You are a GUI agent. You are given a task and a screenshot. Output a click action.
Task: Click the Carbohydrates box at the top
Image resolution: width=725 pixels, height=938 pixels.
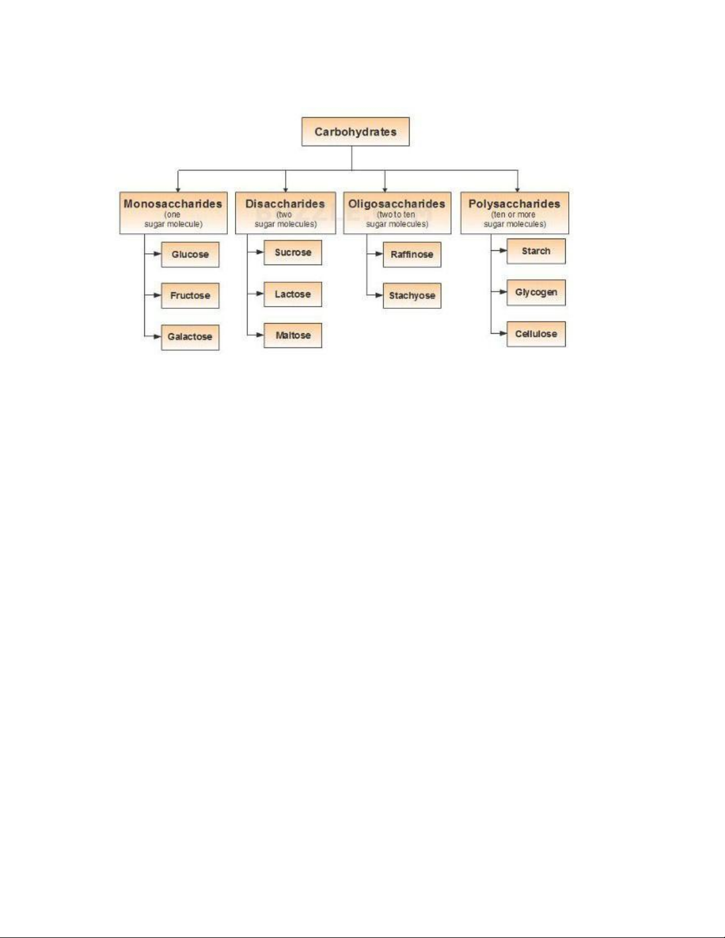click(355, 131)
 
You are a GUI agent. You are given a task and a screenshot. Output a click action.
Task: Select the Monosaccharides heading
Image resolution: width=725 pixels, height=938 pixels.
click(173, 204)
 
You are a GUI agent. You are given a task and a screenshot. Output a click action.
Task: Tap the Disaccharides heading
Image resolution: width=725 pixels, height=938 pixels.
click(285, 204)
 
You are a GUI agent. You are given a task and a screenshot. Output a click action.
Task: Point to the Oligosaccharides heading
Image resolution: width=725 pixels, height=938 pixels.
click(397, 204)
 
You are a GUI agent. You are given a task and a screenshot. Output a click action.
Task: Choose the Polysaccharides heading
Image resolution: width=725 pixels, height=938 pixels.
click(514, 204)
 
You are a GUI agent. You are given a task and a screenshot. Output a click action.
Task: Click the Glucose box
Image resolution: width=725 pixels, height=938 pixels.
click(190, 254)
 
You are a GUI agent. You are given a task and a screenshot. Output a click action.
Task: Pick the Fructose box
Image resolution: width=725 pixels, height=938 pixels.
click(190, 296)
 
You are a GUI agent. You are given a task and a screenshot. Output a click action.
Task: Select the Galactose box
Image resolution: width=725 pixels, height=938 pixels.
click(190, 337)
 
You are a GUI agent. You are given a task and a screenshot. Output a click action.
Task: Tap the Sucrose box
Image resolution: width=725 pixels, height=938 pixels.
click(292, 253)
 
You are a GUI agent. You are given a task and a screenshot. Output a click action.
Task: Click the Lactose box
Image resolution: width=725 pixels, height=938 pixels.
click(292, 294)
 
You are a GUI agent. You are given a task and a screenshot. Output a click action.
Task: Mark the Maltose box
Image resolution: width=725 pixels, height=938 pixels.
click(292, 336)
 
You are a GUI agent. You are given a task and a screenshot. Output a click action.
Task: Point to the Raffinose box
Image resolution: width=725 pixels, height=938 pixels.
click(412, 254)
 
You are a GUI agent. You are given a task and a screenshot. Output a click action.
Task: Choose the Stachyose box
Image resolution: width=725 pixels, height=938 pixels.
click(412, 296)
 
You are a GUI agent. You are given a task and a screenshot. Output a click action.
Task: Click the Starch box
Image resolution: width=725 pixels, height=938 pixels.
click(536, 252)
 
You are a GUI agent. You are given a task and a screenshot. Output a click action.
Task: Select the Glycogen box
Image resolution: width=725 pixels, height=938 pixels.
click(536, 293)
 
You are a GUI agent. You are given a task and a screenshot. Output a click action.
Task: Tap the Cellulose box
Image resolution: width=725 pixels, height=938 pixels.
click(536, 334)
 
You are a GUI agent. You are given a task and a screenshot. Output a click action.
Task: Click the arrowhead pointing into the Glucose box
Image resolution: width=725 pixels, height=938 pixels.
click(157, 254)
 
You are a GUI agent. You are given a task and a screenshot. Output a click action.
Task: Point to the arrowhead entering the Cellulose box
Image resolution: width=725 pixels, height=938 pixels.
click(503, 333)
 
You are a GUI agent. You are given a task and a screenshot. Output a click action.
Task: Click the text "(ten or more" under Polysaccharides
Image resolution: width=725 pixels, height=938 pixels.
click(513, 215)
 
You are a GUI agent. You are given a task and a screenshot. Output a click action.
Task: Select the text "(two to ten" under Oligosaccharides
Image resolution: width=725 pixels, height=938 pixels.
click(396, 215)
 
